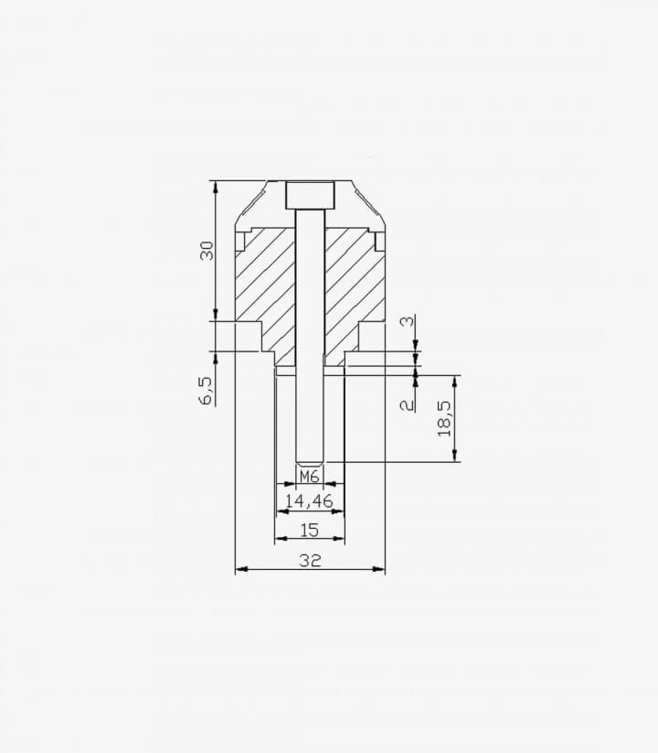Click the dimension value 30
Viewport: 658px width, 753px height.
pos(207,251)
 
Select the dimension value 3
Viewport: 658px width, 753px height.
pos(408,321)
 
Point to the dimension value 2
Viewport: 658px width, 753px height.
pos(408,404)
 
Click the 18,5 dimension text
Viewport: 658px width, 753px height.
pos(444,419)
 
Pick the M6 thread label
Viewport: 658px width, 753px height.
pos(309,477)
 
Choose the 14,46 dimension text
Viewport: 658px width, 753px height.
pos(309,501)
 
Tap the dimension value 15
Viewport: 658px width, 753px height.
pos(309,530)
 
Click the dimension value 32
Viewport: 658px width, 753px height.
pos(310,560)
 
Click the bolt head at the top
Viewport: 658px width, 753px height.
pos(310,196)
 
